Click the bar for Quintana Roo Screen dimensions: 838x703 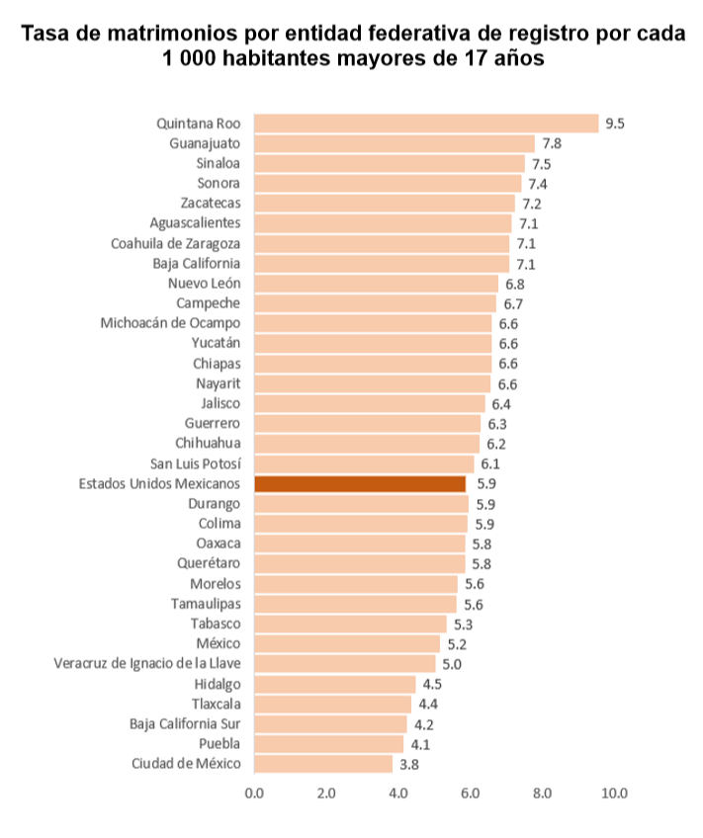click(x=426, y=124)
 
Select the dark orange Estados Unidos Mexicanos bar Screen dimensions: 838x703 click(x=360, y=484)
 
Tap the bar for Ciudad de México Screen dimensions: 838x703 click(x=323, y=764)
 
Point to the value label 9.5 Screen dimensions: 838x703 click(x=616, y=124)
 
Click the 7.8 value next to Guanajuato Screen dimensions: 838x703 click(x=552, y=143)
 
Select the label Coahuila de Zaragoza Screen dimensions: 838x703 click(x=175, y=243)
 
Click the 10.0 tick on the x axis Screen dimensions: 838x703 click(x=615, y=793)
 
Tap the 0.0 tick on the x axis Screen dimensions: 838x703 click(x=254, y=793)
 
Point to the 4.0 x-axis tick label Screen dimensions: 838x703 click(x=398, y=793)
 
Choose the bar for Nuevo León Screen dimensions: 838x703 click(x=376, y=284)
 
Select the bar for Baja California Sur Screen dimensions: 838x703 click(x=330, y=723)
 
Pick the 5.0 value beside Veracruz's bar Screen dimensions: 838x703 click(x=452, y=663)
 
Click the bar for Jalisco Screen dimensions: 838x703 click(x=370, y=403)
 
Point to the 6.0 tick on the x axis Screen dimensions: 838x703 click(x=471, y=793)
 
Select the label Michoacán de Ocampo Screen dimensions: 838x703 click(x=170, y=323)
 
